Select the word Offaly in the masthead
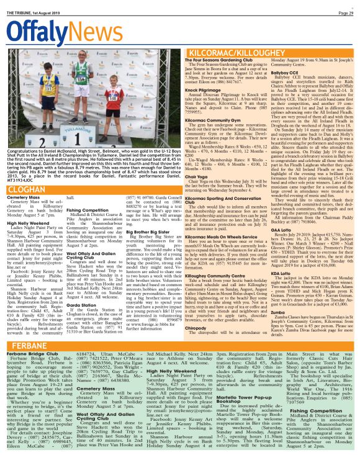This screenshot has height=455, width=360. click(x=37, y=34)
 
